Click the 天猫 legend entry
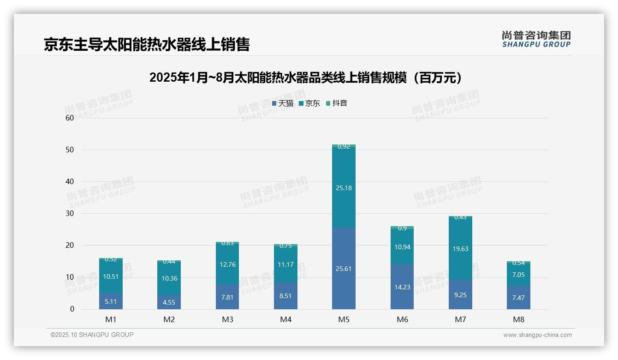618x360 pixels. [283, 103]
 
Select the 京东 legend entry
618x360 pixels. [309, 103]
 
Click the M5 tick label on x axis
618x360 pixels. [344, 319]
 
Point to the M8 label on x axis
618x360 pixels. [518, 319]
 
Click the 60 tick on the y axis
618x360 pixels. [70, 118]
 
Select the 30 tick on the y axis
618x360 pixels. [70, 213]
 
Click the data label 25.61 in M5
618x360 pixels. [344, 269]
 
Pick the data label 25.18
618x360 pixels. [344, 188]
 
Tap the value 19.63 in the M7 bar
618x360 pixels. [460, 249]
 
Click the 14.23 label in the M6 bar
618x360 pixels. [402, 287]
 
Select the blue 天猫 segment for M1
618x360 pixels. [111, 301]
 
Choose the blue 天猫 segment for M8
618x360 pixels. [518, 298]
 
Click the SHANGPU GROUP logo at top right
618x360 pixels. [536, 39]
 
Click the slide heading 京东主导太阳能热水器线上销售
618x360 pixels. [147, 44]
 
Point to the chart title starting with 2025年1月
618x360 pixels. [305, 78]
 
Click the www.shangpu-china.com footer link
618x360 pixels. [537, 335]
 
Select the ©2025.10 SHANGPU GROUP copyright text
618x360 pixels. [92, 335]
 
